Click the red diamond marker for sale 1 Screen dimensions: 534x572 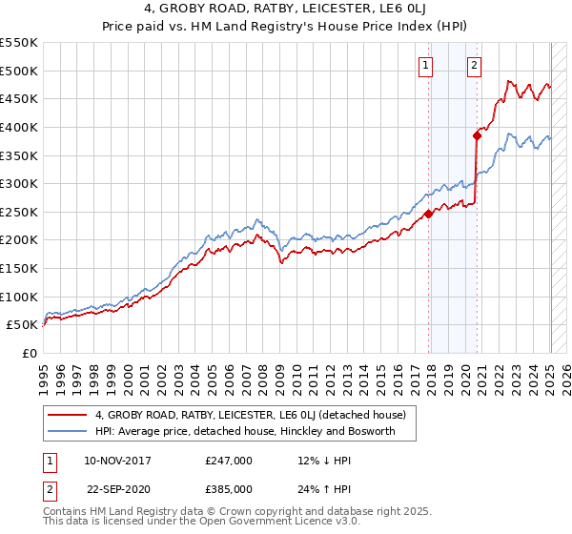tap(428, 214)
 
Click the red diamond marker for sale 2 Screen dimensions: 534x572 tap(476, 135)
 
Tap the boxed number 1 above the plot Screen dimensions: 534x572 tap(425, 66)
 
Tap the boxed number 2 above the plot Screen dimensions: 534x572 tap(474, 66)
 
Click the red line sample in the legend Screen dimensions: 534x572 tap(67, 415)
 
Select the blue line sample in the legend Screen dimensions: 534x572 tap(67, 432)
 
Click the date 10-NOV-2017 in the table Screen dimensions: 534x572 tap(116, 461)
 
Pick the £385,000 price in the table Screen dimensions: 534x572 tap(229, 489)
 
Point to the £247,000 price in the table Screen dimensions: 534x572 tap(229, 461)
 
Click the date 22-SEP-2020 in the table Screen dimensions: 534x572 tap(116, 489)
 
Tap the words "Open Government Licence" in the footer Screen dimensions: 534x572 tap(255, 524)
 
